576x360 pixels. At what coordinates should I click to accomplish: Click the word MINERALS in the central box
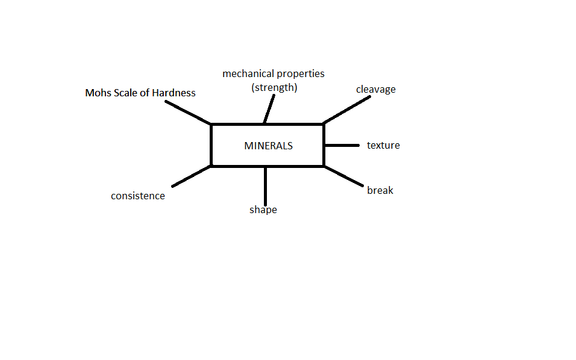tap(269, 146)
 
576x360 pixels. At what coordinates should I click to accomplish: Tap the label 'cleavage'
tap(376, 90)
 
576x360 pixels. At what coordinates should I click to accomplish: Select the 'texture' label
tap(384, 145)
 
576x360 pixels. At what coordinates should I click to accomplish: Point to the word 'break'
tap(380, 190)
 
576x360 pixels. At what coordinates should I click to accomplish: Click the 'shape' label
tap(263, 210)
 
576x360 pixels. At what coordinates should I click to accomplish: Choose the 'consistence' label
tap(138, 196)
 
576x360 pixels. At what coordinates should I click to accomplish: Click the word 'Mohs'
tap(98, 93)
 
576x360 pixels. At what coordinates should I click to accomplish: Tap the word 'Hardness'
tap(174, 93)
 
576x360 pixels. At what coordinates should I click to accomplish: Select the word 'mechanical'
tap(248, 74)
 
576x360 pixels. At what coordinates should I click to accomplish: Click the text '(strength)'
tap(274, 88)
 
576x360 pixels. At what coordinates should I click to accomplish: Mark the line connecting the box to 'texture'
tap(342, 145)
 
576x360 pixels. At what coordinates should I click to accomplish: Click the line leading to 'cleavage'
tap(347, 110)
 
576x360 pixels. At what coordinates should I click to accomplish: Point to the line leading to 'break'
tap(344, 176)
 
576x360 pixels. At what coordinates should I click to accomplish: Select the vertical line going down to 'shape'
tap(265, 186)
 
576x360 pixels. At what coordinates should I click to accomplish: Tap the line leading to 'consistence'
tap(192, 176)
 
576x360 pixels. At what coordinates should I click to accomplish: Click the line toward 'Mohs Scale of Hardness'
tap(188, 113)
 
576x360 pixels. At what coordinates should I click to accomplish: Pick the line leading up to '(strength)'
tap(269, 109)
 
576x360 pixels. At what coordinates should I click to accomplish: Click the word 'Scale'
tap(125, 93)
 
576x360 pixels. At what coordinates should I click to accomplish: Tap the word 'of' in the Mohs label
tap(145, 93)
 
